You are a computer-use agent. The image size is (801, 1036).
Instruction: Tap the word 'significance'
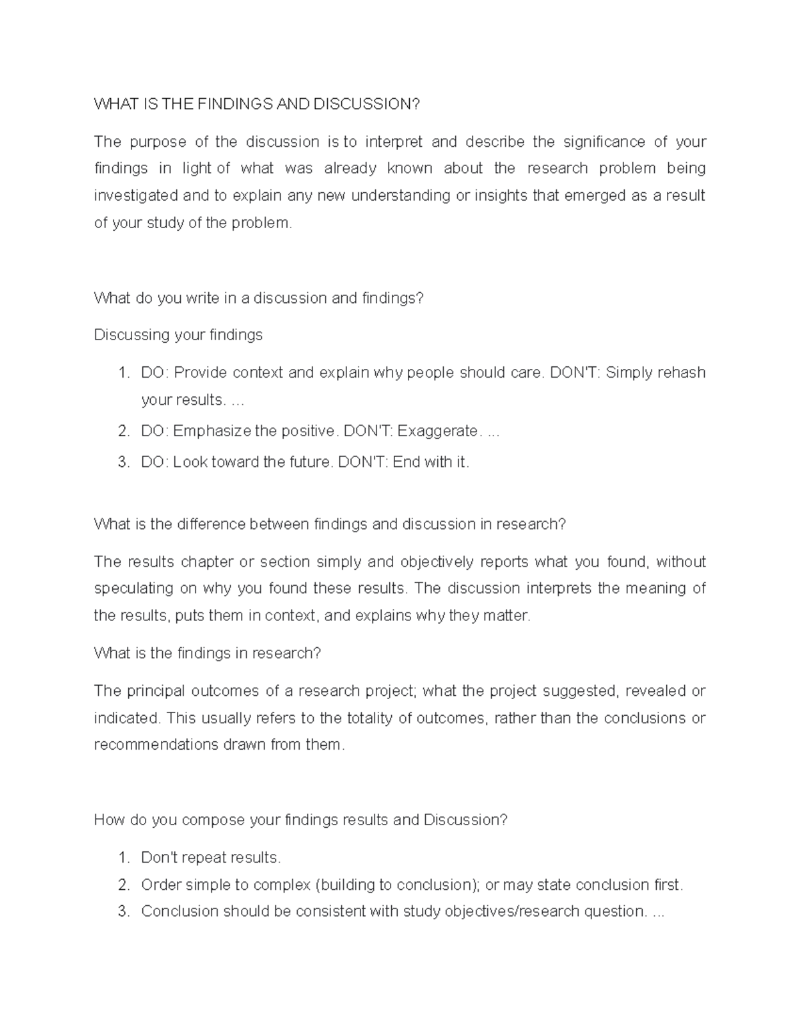point(604,142)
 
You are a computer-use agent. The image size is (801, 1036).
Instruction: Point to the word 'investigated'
point(136,196)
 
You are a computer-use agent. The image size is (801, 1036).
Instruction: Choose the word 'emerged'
point(594,196)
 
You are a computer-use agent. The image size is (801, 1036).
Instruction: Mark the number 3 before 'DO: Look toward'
point(123,462)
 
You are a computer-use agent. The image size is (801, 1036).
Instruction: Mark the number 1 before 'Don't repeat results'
point(123,857)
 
